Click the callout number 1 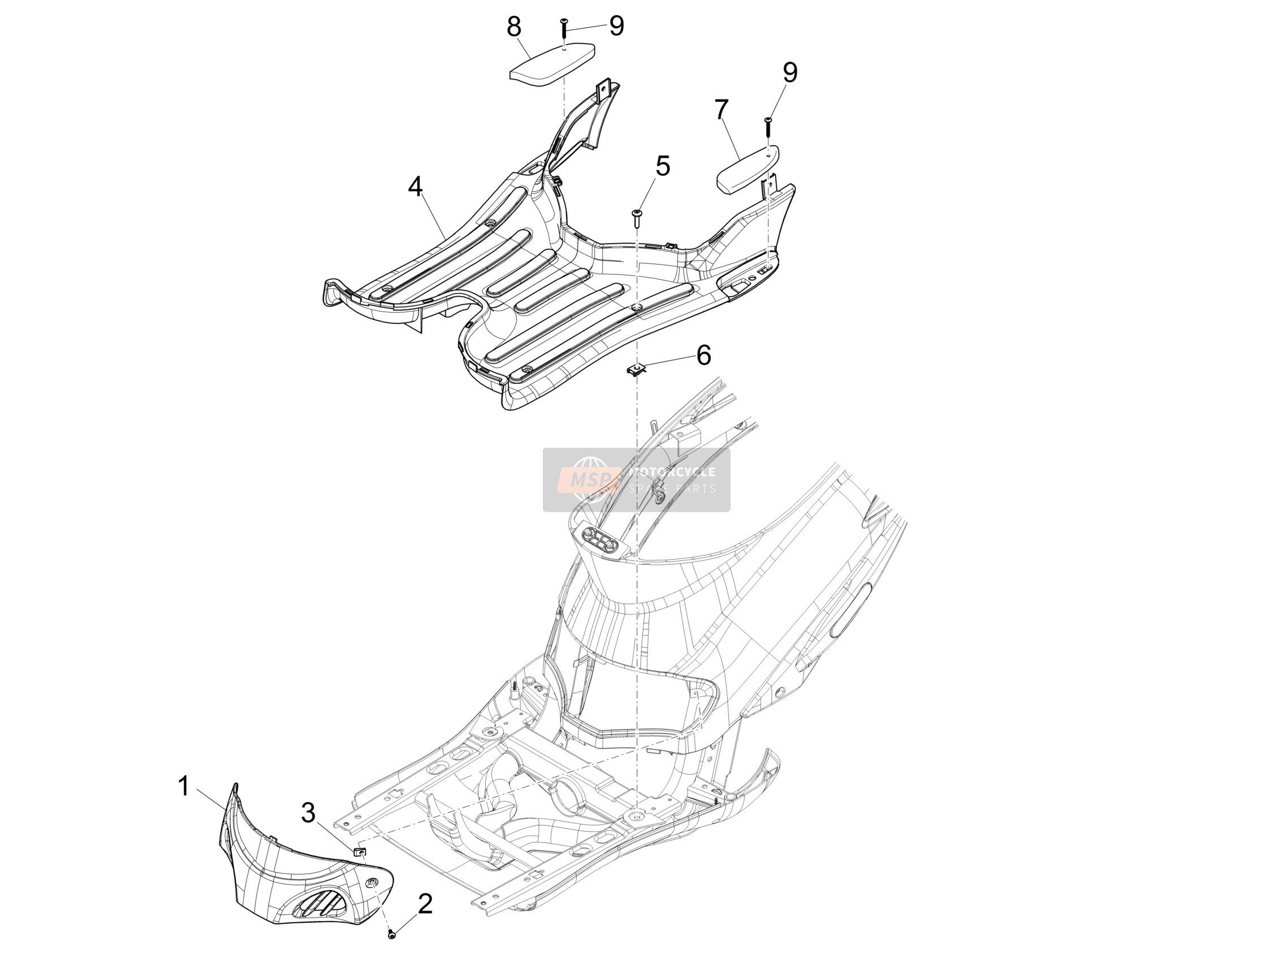click(184, 786)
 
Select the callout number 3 click(309, 813)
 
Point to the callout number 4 click(415, 187)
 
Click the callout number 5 click(663, 166)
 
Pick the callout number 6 click(704, 354)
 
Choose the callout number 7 click(722, 110)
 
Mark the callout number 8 click(514, 27)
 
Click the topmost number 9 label click(616, 26)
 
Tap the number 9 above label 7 click(789, 72)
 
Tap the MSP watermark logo click(587, 478)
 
